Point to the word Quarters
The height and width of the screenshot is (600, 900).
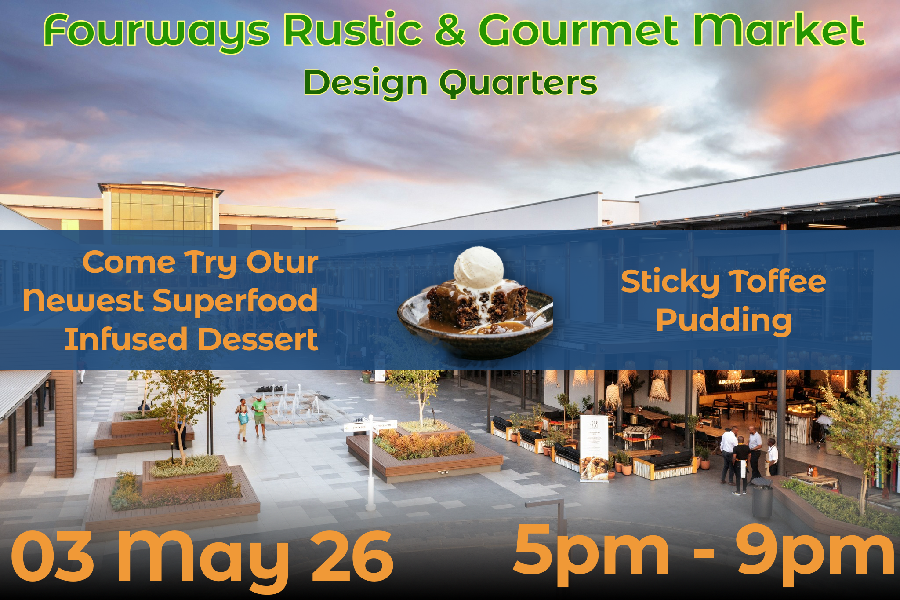pyautogui.click(x=519, y=84)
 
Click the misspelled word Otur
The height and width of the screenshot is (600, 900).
pyautogui.click(x=282, y=263)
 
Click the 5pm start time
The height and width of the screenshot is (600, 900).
pyautogui.click(x=591, y=555)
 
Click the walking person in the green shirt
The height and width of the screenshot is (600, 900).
pyautogui.click(x=260, y=417)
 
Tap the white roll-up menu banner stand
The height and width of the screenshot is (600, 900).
pyautogui.click(x=594, y=448)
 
